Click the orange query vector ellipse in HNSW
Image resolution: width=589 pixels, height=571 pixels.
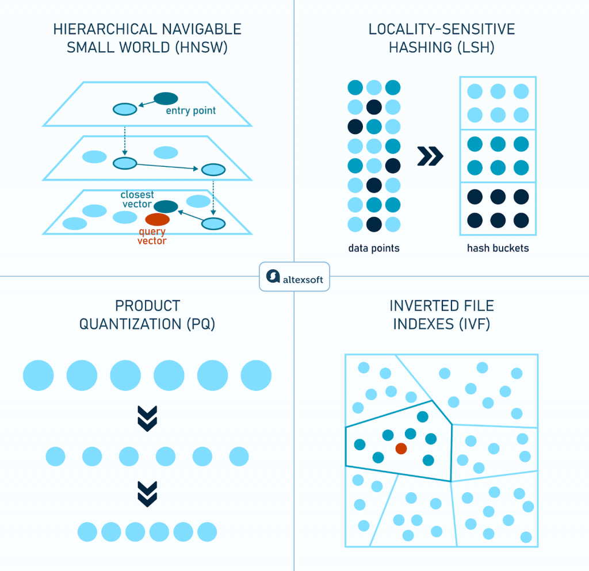pos(158,220)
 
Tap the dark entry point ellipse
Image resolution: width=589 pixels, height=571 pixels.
pos(166,98)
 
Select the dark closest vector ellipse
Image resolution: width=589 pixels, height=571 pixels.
pos(166,206)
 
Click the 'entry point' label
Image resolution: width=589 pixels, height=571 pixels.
pos(191,111)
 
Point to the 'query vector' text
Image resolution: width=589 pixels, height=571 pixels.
pos(152,236)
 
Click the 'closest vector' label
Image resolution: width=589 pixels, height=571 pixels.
pos(137,200)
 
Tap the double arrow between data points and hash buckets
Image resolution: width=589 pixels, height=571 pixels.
pos(430,156)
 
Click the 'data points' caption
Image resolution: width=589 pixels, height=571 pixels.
pos(374,248)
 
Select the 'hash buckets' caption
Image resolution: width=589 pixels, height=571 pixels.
pos(498,248)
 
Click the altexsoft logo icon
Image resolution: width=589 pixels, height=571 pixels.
pos(273,277)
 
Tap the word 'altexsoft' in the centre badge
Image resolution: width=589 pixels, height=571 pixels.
pos(303,279)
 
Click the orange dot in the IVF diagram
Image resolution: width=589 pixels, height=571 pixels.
pos(401,449)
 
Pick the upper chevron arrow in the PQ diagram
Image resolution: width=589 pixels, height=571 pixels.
pos(147,419)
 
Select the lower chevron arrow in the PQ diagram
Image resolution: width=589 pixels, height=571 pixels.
pos(147,494)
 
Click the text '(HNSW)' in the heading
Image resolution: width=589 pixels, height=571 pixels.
pos(201,48)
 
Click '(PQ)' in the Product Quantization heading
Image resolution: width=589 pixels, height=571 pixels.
pos(201,324)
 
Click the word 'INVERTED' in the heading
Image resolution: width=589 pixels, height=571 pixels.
pos(417,306)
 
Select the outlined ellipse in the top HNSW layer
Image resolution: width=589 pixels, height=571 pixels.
pos(125,109)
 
